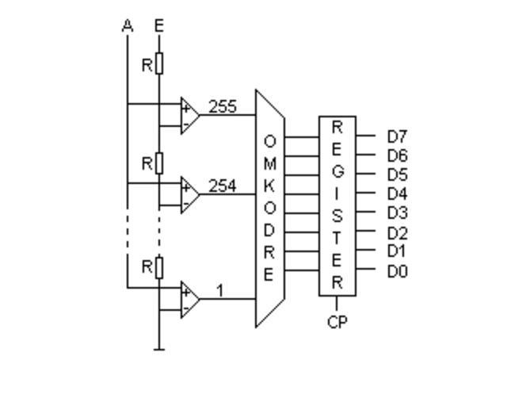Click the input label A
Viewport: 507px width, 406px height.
pos(127,26)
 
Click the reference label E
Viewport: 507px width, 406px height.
pos(158,26)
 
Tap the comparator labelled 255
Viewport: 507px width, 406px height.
pos(189,115)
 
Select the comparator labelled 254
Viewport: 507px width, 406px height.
pos(189,194)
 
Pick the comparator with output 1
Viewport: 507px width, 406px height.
pos(189,300)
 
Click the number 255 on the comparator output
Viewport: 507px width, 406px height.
pos(223,106)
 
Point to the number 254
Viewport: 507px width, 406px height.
pos(223,186)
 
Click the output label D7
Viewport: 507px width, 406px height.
pos(397,136)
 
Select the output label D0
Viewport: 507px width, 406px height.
pos(397,272)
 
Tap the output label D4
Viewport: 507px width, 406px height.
pos(397,193)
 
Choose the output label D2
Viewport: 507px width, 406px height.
pos(397,233)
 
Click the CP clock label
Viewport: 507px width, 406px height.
pos(337,323)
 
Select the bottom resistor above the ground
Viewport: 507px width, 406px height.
pos(158,268)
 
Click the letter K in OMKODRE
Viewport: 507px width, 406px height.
pos(269,186)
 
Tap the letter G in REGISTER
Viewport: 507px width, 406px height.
pos(337,170)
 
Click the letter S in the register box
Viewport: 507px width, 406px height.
pos(337,216)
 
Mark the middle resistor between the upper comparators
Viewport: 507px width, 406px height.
pos(158,163)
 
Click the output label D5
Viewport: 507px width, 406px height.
pos(397,174)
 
